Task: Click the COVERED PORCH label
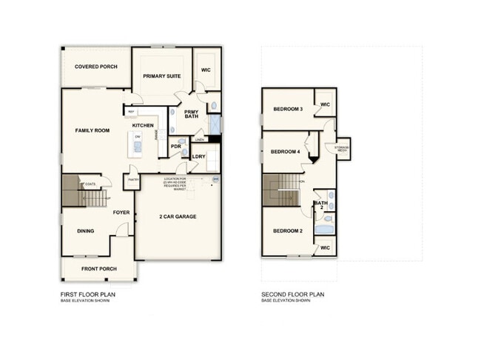[97, 67]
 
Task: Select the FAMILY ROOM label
[92, 130]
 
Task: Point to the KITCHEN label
[143, 126]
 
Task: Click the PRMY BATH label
[192, 115]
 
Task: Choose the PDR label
[176, 147]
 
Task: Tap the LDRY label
[198, 156]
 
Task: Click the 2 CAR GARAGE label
[177, 217]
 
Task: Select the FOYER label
[121, 213]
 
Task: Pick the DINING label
[86, 231]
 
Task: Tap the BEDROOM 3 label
[288, 109]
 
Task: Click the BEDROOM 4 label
[285, 152]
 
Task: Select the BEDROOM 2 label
[288, 231]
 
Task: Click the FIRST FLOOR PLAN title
[88, 294]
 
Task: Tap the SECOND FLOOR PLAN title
[292, 294]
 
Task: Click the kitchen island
[136, 144]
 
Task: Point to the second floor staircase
[281, 190]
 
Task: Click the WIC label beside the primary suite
[206, 70]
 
